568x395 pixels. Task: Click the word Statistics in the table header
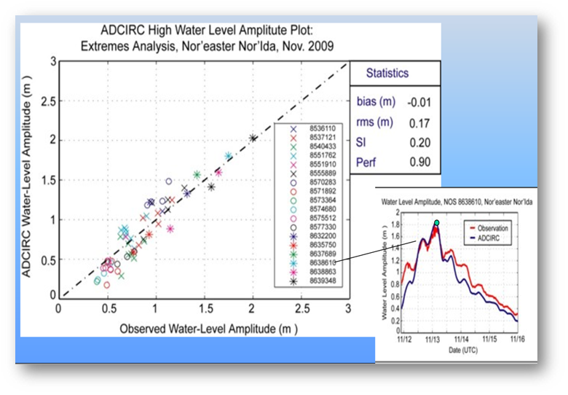(x=387, y=74)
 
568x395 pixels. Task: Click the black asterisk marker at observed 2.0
(x=253, y=138)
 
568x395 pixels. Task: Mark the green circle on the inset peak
(x=435, y=222)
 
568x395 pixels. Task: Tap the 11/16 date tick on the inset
(x=516, y=338)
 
